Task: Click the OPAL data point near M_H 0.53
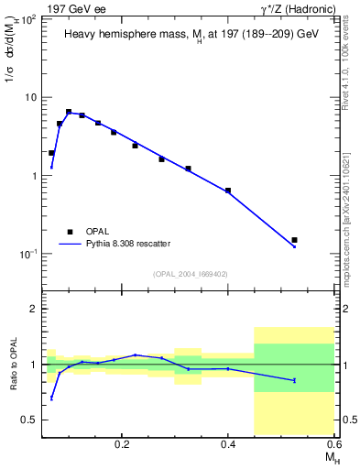pos(294,240)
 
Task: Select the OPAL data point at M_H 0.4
pos(227,191)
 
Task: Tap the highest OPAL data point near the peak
pos(69,112)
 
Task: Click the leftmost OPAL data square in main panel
pos(51,153)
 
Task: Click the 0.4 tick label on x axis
pos(228,443)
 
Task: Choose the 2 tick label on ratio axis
pos(32,309)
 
